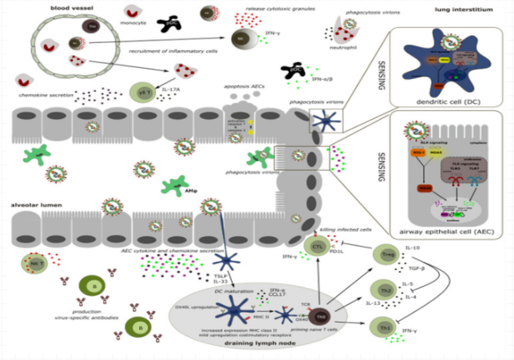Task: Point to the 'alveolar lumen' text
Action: click(34, 205)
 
